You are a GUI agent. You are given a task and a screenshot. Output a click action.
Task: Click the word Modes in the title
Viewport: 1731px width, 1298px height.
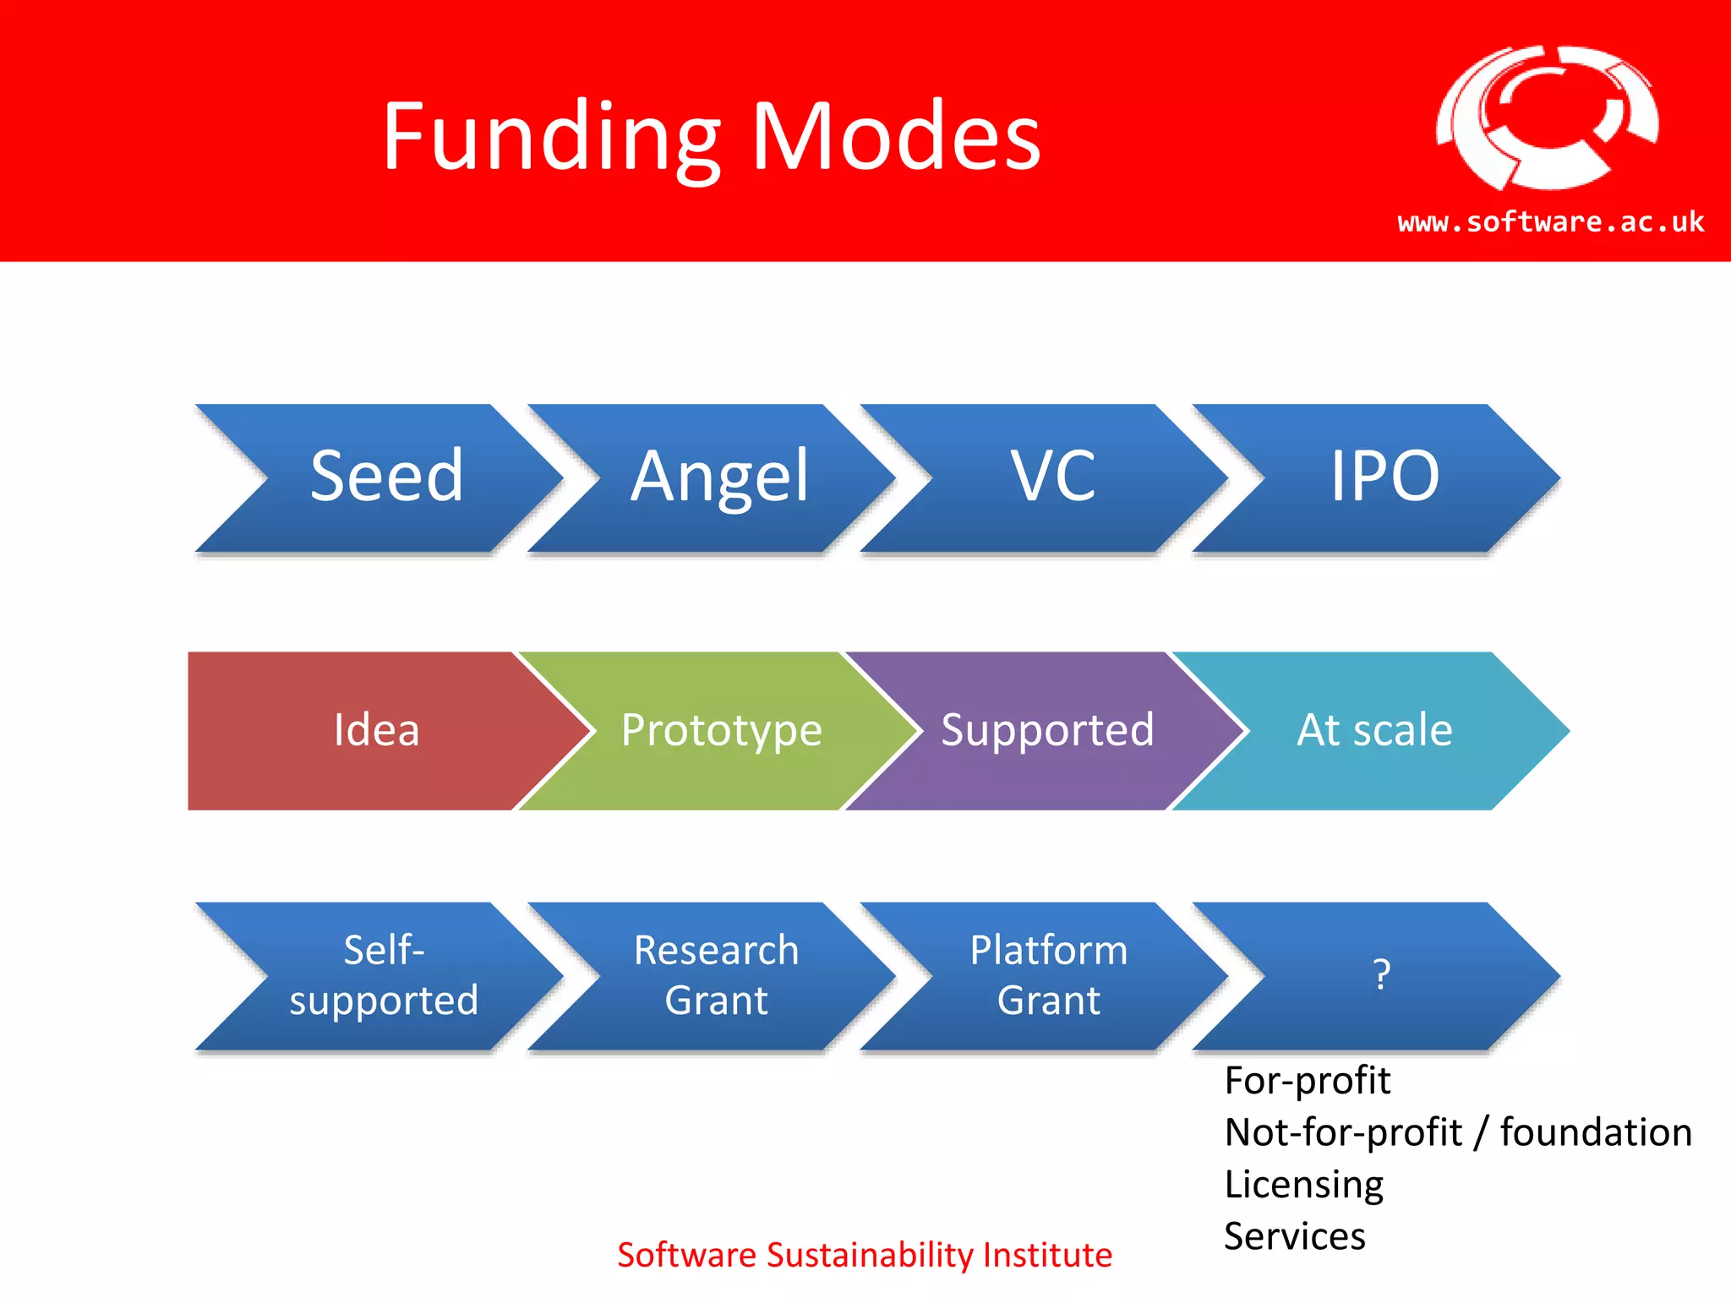[x=896, y=137]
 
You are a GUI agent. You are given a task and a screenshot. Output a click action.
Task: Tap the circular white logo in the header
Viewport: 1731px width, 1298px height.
[x=1547, y=118]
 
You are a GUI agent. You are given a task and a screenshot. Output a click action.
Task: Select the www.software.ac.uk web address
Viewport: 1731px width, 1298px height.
[x=1550, y=221]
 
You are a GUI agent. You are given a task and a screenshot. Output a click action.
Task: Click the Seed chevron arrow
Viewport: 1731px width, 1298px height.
[x=387, y=477]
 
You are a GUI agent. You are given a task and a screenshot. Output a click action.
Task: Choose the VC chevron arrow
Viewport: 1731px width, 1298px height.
[x=1053, y=477]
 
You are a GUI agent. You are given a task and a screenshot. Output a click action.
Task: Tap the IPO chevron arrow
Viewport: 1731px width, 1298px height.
[x=1384, y=477]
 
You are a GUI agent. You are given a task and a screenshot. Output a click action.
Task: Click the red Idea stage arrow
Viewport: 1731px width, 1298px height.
[x=376, y=730]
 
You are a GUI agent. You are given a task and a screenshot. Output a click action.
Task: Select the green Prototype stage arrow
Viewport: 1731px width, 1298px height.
[x=721, y=730]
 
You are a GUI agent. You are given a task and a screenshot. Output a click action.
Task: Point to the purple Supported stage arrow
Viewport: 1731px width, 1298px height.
[x=1047, y=730]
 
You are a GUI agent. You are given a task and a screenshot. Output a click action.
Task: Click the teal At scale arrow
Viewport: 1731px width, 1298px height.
[x=1374, y=730]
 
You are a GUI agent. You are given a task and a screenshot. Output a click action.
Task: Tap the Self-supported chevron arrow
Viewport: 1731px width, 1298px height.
[x=384, y=975]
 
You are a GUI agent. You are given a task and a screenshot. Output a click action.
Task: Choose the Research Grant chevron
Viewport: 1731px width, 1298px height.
[x=716, y=975]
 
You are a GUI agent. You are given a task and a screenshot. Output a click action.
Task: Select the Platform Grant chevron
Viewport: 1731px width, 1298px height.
[x=1048, y=975]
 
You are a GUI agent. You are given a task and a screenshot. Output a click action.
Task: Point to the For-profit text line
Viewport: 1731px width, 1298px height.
[x=1307, y=1081]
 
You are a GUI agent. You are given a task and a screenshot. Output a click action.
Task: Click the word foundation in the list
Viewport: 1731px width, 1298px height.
[x=1596, y=1132]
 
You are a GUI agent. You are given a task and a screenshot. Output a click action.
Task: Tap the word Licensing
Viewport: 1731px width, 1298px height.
[x=1303, y=1185]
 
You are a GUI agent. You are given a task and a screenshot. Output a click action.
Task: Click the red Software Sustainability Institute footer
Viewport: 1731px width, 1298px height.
[x=864, y=1255]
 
